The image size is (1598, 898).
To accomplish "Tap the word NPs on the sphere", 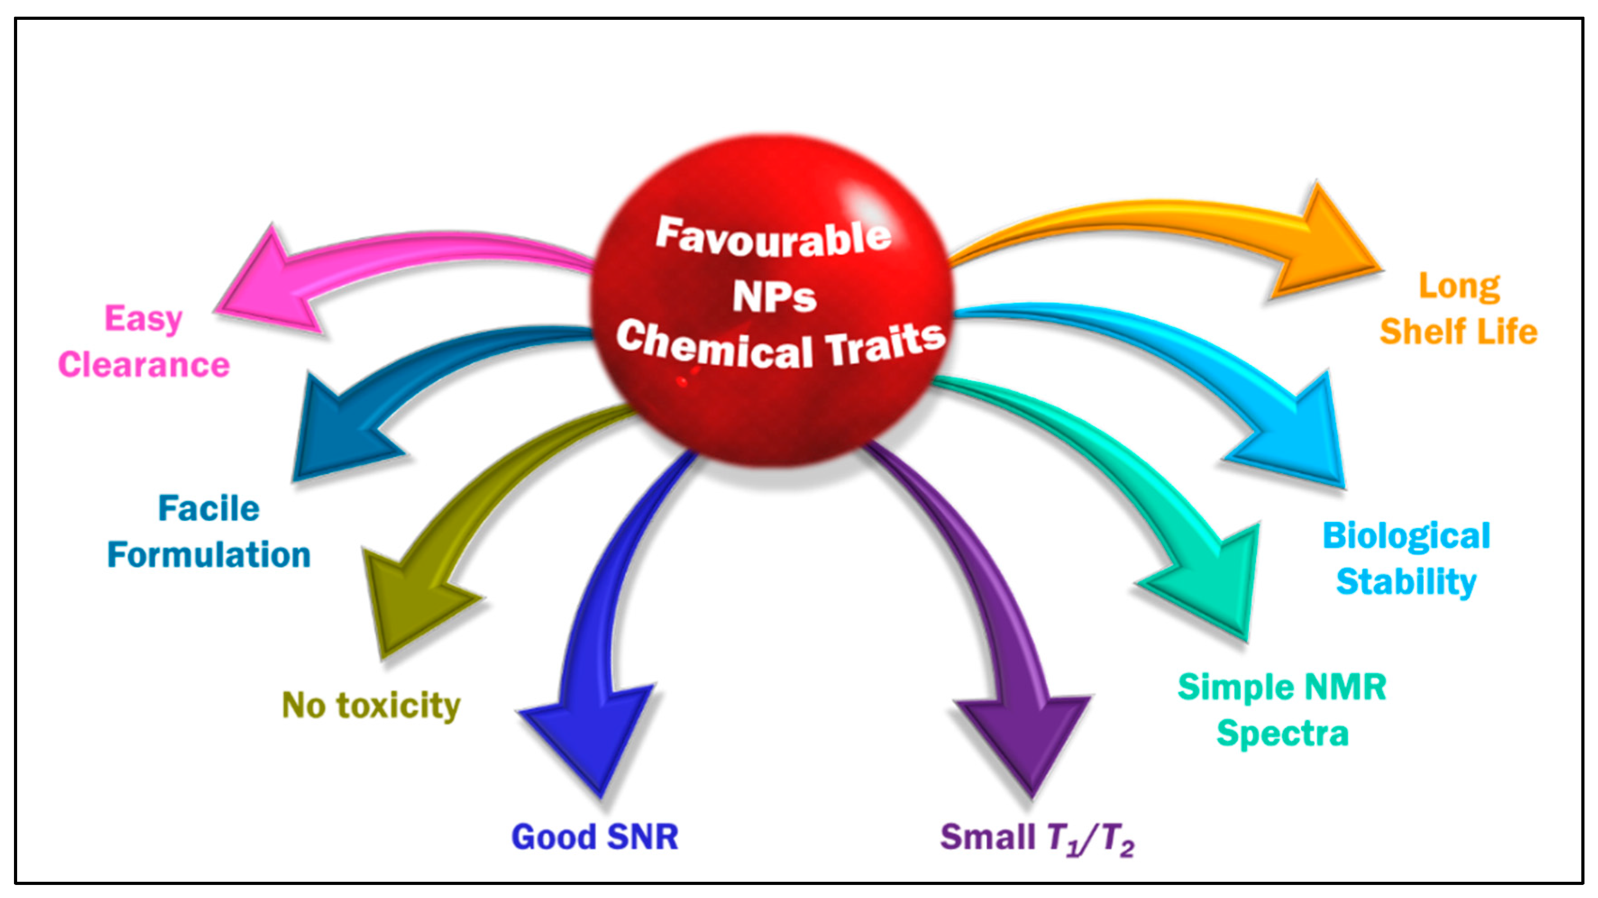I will coord(774,297).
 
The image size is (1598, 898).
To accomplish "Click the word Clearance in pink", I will coord(144,365).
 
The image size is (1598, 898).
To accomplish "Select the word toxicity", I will coord(399,706).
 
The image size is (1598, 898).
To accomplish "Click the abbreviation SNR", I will coord(643,837).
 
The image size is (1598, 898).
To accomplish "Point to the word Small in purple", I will coord(987,837).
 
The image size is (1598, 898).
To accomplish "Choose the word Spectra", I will coord(1282,734).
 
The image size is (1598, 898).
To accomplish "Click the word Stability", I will coord(1406,582).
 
